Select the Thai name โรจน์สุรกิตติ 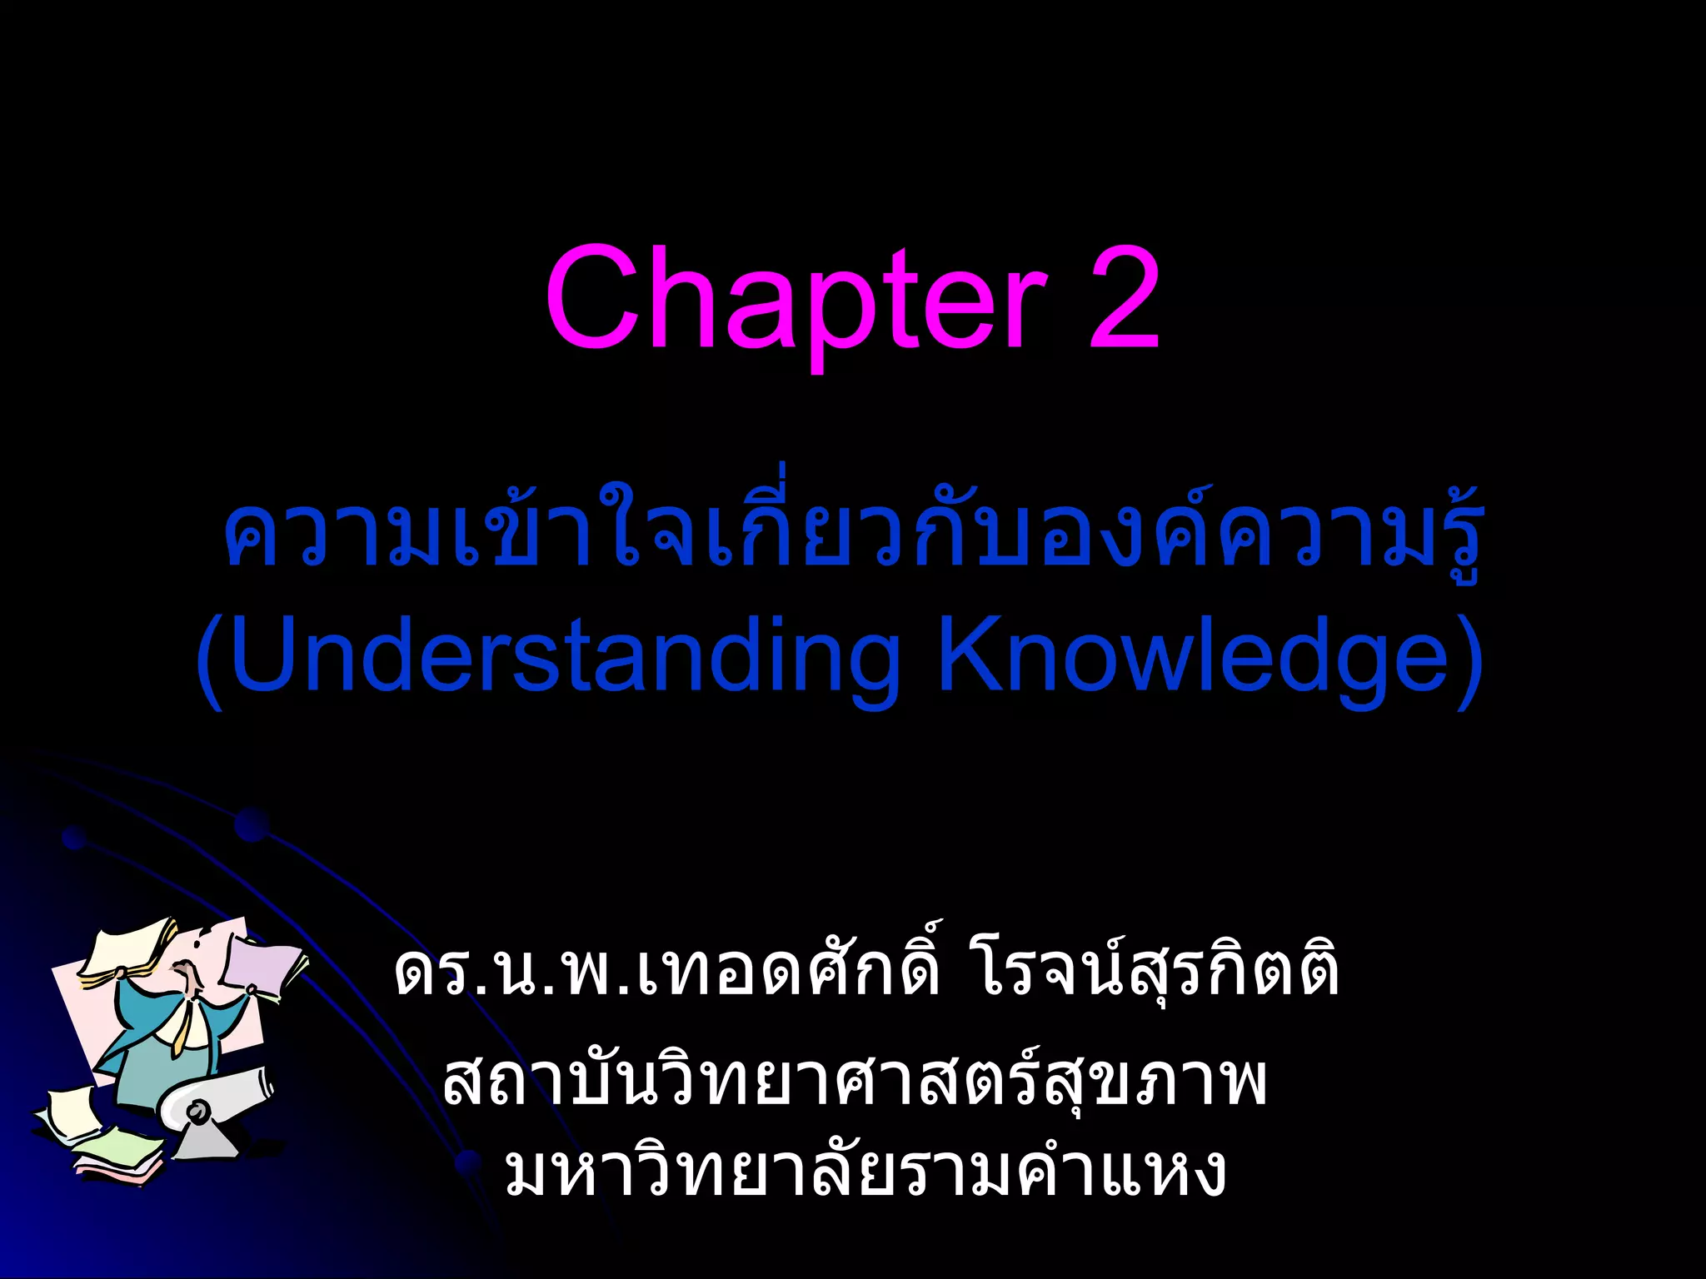[x=1158, y=970]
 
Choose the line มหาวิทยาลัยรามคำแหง [x=866, y=1170]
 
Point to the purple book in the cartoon [x=262, y=966]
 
